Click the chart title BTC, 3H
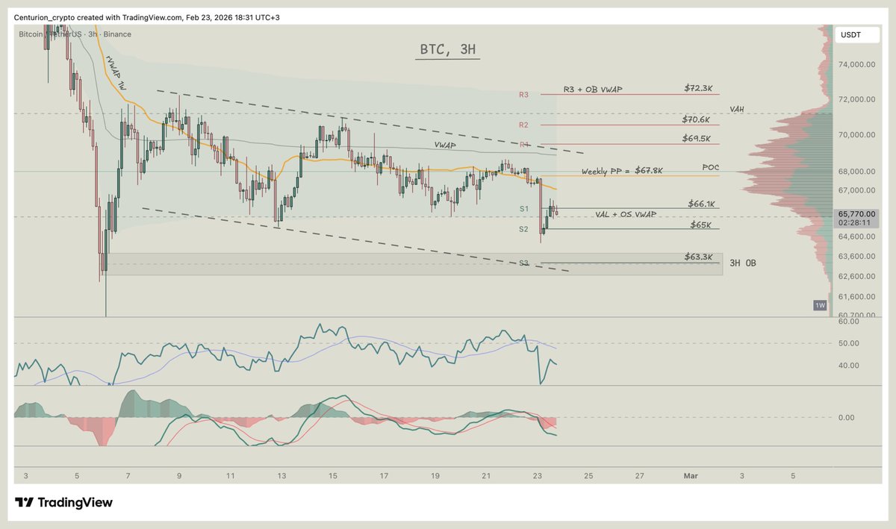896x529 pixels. point(447,51)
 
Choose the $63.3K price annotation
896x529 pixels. point(700,257)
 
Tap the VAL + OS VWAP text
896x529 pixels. point(626,215)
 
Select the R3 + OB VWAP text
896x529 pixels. point(593,90)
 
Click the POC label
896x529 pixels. point(711,167)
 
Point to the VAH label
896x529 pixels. point(737,109)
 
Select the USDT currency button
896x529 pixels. point(851,34)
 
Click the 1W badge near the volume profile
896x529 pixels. point(820,305)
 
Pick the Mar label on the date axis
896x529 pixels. point(691,475)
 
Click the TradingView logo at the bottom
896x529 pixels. point(63,503)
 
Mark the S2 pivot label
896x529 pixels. point(523,229)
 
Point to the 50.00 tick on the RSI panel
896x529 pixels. point(847,343)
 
